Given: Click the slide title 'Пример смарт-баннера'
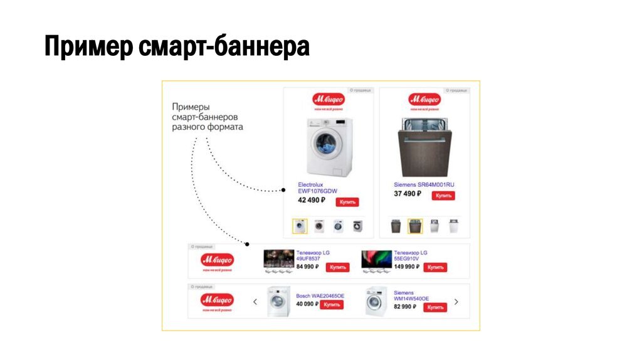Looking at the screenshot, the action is click(x=177, y=46).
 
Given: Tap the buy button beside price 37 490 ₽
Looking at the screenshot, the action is click(x=444, y=196).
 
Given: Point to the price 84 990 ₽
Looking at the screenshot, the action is click(x=307, y=267).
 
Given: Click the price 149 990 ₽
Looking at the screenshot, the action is click(x=406, y=267).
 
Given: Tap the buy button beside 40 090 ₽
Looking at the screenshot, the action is click(x=332, y=304).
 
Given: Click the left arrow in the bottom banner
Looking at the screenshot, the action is click(x=255, y=302).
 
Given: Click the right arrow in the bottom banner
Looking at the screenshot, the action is click(x=456, y=302).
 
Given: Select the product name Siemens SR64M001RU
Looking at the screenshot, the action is click(x=424, y=185).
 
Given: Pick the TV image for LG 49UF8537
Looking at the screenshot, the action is click(x=278, y=261).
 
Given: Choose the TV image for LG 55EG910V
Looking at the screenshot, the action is click(x=376, y=261).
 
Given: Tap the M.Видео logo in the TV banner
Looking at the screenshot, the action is click(x=217, y=261).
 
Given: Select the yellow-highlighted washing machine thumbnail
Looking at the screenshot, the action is click(x=300, y=226).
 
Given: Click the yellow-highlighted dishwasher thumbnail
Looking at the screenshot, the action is click(x=414, y=226).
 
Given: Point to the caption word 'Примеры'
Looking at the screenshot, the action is click(x=191, y=107).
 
